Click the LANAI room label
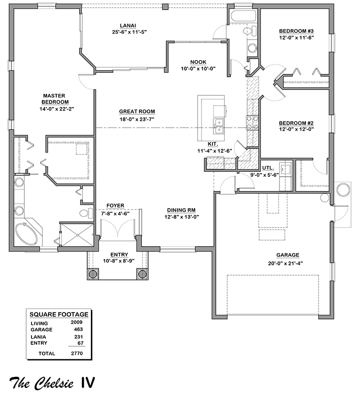(128, 26)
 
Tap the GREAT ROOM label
(137, 112)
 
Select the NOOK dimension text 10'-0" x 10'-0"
(198, 68)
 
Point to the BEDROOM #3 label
(296, 31)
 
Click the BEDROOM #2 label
(296, 123)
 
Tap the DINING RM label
(181, 210)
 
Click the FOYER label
(115, 205)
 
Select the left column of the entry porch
(93, 273)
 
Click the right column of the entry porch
(142, 273)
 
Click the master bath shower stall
(77, 235)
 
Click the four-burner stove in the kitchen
(252, 123)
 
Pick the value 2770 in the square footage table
(77, 353)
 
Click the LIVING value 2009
(76, 322)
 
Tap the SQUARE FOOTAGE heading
(59, 314)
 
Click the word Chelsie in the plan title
(54, 383)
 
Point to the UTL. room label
(268, 168)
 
